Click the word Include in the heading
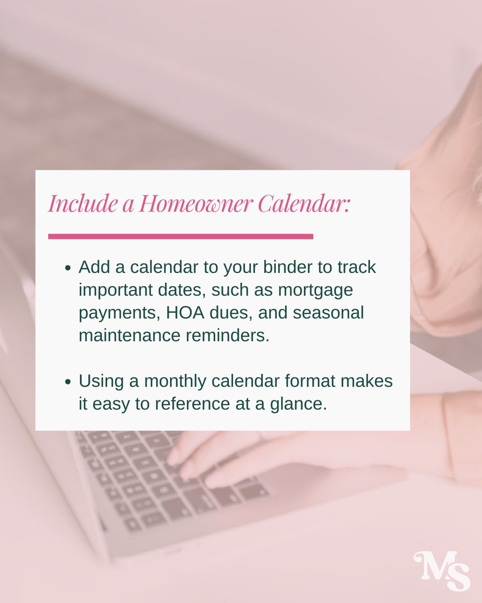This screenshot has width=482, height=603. [x=81, y=204]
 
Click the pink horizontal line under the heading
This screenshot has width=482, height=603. [x=180, y=236]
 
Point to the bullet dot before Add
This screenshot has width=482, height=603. [x=68, y=268]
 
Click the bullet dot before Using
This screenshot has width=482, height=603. [x=68, y=382]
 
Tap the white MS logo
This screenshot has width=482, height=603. [x=442, y=571]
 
